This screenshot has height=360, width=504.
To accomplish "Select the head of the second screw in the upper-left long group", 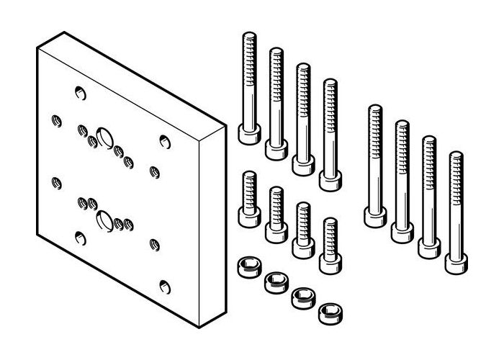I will (274, 149).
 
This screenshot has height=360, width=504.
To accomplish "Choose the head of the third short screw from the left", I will (302, 245).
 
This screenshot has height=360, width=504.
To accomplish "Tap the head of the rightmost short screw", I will (329, 258).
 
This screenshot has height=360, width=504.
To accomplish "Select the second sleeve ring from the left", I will (274, 282).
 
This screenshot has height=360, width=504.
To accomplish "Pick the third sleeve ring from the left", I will (302, 297).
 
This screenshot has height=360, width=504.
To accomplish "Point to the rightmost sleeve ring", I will (329, 312).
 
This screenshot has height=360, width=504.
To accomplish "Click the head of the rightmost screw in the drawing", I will (454, 262).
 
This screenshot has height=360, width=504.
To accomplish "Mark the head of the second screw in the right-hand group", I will (400, 231).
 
